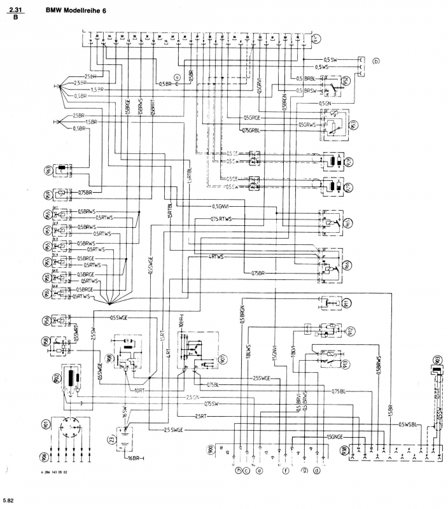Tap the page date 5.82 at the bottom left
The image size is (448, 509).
tap(8, 500)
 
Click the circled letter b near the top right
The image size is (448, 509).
tap(376, 62)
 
